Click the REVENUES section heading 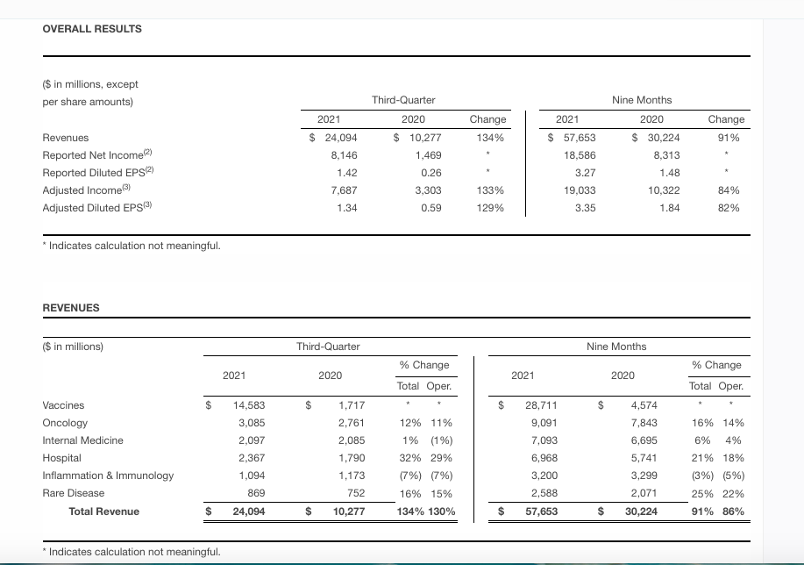click(71, 308)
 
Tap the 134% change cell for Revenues click(487, 138)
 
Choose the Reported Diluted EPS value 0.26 click(430, 173)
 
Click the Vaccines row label click(63, 405)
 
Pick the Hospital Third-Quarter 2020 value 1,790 click(351, 458)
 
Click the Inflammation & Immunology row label click(108, 476)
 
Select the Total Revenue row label click(103, 511)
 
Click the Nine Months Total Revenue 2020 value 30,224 click(640, 511)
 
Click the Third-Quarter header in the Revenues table click(328, 347)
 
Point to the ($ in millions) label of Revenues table click(73, 347)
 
